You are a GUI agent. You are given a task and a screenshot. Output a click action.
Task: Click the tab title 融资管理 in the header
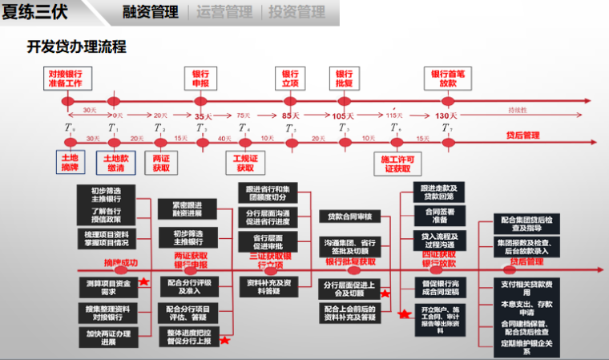click(x=150, y=12)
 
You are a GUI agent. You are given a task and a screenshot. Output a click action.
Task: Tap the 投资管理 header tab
click(x=296, y=12)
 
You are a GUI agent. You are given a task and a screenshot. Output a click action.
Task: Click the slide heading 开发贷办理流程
click(x=77, y=47)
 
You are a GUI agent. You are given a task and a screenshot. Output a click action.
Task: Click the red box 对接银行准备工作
click(x=65, y=77)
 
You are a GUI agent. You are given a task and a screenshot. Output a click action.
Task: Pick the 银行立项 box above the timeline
click(x=291, y=77)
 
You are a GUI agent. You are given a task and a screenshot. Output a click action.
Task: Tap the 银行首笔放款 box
click(x=448, y=77)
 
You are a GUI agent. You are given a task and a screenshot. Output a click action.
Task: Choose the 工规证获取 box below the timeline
click(x=245, y=163)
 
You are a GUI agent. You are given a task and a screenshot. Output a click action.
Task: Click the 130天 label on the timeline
click(x=446, y=116)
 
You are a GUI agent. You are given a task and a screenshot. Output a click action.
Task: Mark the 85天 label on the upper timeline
click(x=291, y=116)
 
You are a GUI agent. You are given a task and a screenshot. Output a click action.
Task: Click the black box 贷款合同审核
click(x=350, y=216)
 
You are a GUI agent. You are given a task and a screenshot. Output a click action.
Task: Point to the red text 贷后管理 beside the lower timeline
click(x=522, y=136)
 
